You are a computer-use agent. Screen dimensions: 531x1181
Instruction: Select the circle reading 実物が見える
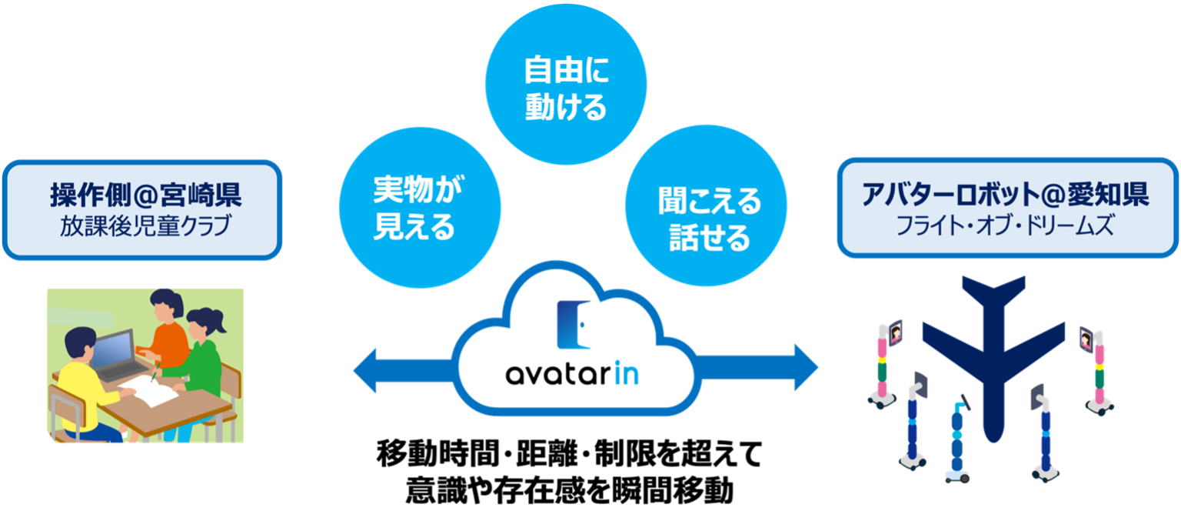pos(420,208)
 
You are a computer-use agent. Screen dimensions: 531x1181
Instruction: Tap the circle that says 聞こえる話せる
pos(706,208)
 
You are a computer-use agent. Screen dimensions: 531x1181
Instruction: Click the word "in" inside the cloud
pos(627,375)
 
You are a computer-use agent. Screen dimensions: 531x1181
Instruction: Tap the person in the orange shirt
pos(165,331)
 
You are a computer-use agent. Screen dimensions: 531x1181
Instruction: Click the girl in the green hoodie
pos(204,362)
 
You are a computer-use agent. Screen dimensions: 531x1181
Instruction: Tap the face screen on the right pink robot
pos(1086,337)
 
